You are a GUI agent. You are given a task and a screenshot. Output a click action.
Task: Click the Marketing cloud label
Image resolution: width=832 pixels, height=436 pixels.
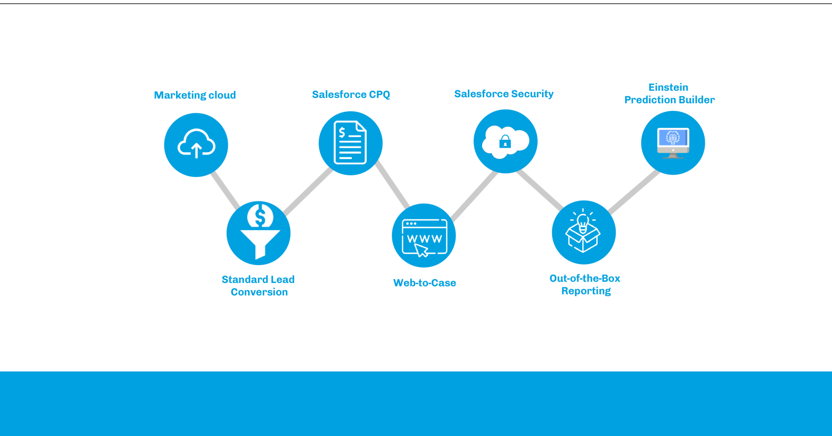point(195,95)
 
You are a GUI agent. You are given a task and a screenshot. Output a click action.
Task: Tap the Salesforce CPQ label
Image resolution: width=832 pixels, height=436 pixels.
point(351,94)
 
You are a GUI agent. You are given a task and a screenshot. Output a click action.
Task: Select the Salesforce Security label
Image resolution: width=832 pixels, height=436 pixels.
point(503,94)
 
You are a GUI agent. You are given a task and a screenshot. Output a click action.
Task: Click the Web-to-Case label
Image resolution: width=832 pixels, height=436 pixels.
point(425,283)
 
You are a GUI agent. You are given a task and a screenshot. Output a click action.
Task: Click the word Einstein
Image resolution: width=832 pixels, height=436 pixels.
point(668,87)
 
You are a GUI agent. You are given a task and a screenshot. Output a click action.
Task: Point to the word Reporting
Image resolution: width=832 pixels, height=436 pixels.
point(586,291)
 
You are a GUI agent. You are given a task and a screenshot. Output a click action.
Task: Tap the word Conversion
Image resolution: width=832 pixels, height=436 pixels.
point(259,292)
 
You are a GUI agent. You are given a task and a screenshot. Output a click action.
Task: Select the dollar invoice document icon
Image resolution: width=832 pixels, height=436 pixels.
point(350,142)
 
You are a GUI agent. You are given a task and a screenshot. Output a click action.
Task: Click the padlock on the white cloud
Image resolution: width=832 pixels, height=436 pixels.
point(505,142)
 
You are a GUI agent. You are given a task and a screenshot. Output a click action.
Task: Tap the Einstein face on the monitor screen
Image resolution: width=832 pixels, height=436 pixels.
point(673,138)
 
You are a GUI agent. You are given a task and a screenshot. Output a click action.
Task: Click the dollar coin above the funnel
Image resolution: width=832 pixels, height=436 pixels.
point(260,216)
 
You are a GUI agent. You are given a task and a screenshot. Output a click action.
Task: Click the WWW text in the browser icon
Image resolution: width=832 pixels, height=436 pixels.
point(424,238)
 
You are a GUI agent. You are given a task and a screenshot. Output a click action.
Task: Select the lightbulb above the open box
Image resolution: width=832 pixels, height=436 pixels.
point(583,222)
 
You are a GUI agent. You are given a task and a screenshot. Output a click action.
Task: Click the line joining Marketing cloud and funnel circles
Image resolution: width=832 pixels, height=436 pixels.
point(225,190)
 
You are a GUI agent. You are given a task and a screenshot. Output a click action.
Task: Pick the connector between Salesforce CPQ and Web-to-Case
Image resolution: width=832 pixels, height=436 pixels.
point(392,185)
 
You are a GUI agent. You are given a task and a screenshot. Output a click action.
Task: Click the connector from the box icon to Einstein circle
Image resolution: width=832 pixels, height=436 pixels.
point(634,192)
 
